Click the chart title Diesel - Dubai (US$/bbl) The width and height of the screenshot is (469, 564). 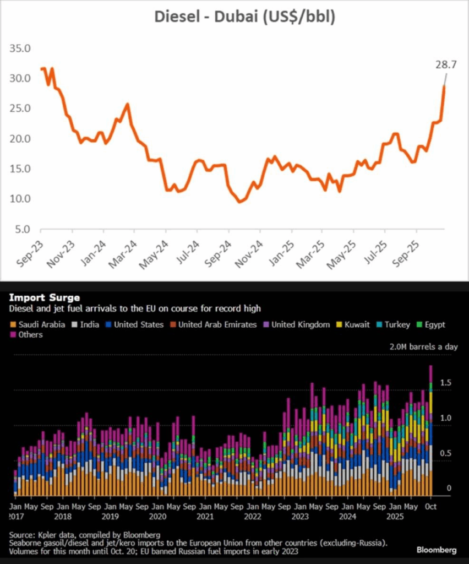point(244,18)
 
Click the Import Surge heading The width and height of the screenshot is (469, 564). point(45,298)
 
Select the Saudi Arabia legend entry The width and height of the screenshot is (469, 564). point(38,324)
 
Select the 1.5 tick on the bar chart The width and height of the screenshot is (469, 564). point(447,382)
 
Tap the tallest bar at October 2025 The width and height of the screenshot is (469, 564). point(431,430)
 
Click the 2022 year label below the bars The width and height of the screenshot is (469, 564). point(253,517)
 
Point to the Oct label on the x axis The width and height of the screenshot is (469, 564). point(430,506)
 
